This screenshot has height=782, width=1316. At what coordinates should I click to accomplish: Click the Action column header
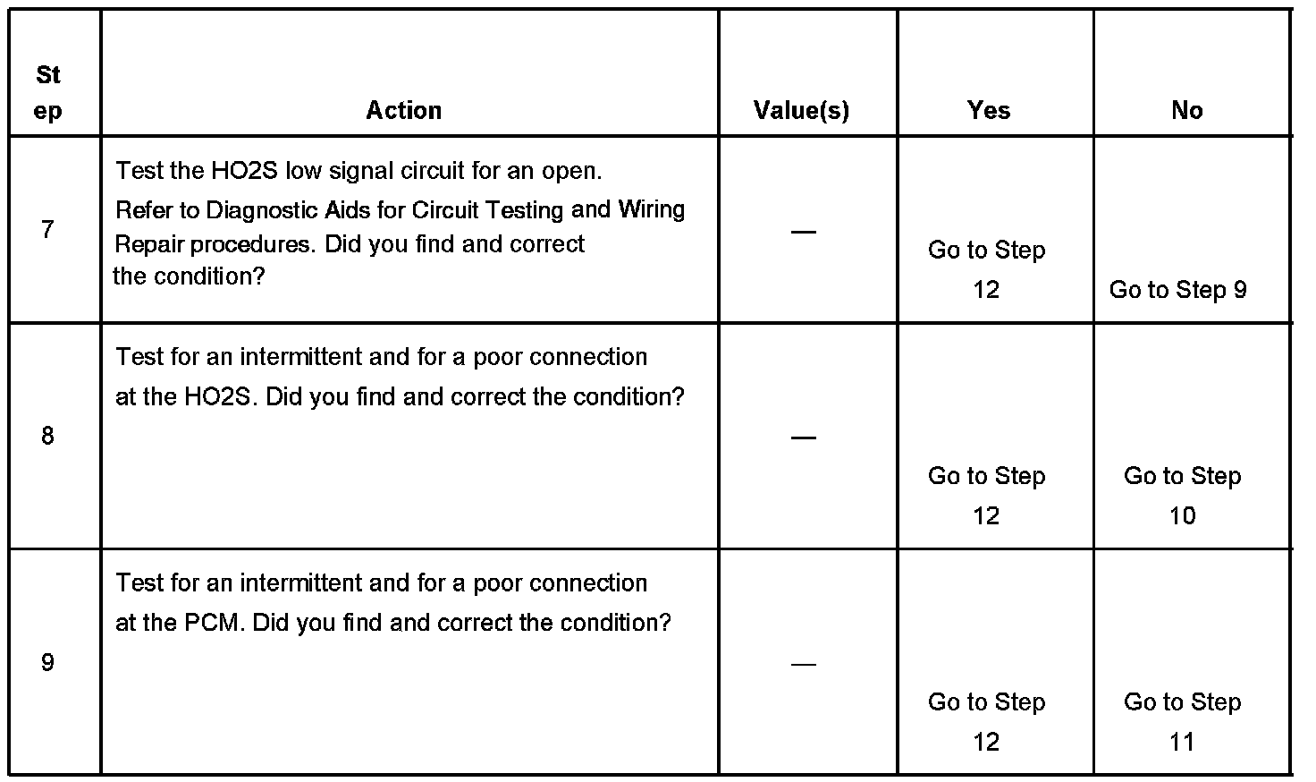[404, 110]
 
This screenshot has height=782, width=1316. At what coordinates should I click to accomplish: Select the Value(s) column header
[801, 110]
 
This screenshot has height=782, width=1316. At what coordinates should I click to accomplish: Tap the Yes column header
[989, 110]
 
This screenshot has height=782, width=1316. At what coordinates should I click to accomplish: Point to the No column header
[1187, 110]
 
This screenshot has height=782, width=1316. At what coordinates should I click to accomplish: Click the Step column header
[48, 93]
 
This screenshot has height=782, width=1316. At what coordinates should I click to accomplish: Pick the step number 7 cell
[47, 230]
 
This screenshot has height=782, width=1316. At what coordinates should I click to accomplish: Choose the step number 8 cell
[47, 436]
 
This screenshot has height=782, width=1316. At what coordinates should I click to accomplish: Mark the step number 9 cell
[47, 662]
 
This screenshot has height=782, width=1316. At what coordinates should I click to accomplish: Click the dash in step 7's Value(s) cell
[803, 233]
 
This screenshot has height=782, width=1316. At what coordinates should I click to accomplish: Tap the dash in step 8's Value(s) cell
[803, 438]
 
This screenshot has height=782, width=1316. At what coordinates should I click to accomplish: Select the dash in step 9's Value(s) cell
[803, 665]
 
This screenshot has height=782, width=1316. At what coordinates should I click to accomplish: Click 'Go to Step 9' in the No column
[1178, 290]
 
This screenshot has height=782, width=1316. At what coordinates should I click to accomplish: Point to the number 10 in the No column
[1182, 516]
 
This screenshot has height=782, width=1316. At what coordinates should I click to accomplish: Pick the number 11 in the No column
[1182, 742]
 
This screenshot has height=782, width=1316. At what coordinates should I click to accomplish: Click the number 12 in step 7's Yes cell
[986, 290]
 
